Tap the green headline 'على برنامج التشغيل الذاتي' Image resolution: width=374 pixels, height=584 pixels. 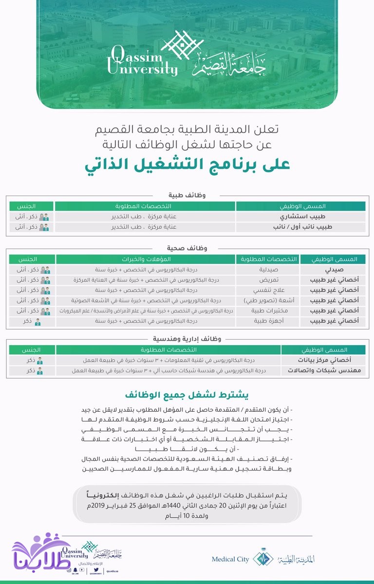187,164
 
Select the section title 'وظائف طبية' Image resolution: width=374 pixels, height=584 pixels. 187,195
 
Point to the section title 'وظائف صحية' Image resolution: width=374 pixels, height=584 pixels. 187,248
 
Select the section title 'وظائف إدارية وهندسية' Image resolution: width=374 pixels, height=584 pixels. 187,339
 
